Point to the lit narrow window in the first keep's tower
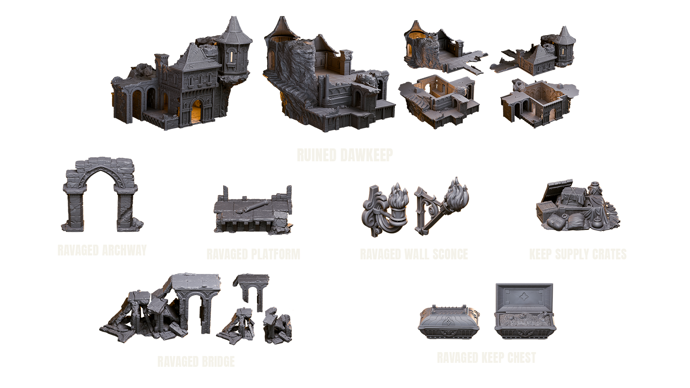(x=232, y=56)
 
